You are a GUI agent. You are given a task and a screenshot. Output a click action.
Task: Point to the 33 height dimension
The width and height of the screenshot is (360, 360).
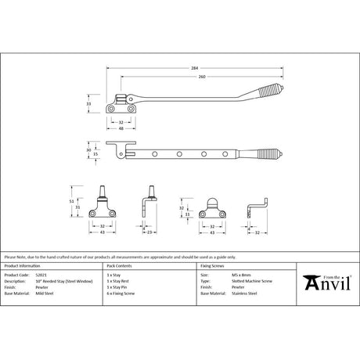click(88, 103)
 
